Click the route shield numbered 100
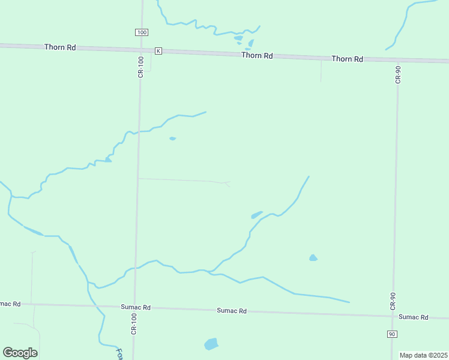point(141,32)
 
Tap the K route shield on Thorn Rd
point(158,51)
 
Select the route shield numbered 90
point(391,334)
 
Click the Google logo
point(20,353)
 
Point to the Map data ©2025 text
point(423,355)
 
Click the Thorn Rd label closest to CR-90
point(348,59)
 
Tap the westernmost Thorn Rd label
point(60,47)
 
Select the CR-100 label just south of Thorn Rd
point(140,66)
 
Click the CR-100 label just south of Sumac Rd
point(134,324)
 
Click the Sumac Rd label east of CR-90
point(414,317)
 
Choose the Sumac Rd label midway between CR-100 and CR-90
point(232,311)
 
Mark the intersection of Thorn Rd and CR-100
point(142,50)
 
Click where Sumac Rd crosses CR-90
point(393,315)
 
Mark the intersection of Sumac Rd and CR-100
point(134,307)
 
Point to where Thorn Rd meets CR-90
point(398,59)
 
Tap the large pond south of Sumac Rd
point(211,344)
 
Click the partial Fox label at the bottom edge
point(119,353)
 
